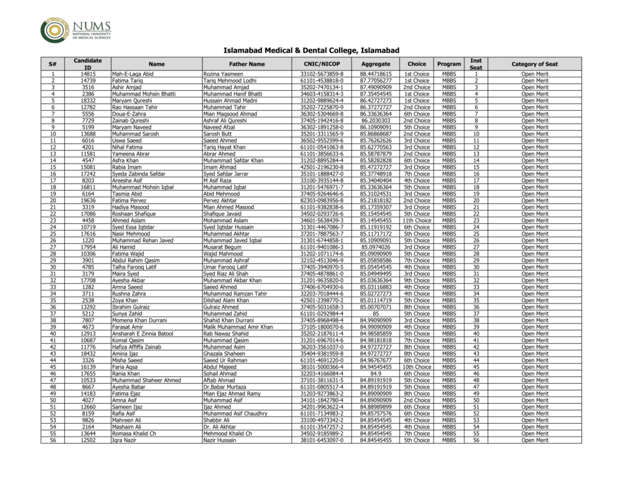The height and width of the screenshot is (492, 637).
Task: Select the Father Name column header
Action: (x=246, y=64)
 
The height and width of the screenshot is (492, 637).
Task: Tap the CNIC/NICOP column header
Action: (x=322, y=64)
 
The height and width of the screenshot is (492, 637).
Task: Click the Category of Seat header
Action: (x=534, y=64)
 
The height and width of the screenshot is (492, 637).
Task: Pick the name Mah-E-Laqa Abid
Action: (x=133, y=74)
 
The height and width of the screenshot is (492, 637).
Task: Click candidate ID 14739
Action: (x=88, y=81)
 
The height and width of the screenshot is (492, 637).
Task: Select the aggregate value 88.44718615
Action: (x=376, y=74)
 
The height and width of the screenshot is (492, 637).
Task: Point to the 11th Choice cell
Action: (x=417, y=220)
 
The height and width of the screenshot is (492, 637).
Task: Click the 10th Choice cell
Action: (x=417, y=367)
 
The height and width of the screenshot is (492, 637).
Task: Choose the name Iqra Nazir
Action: (x=125, y=440)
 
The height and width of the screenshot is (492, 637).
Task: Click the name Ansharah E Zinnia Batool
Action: (x=143, y=333)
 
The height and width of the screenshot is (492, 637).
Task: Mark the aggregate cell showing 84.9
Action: (x=376, y=374)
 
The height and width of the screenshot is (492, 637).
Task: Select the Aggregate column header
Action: (x=376, y=64)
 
